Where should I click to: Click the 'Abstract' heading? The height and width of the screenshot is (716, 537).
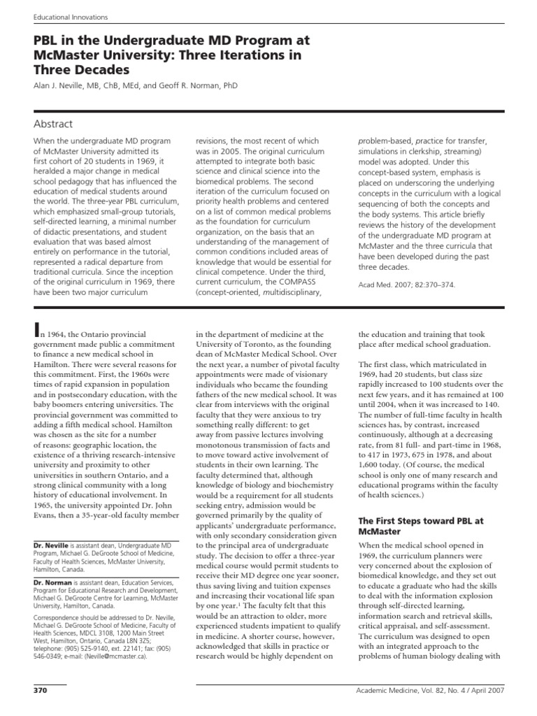tap(53, 124)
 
